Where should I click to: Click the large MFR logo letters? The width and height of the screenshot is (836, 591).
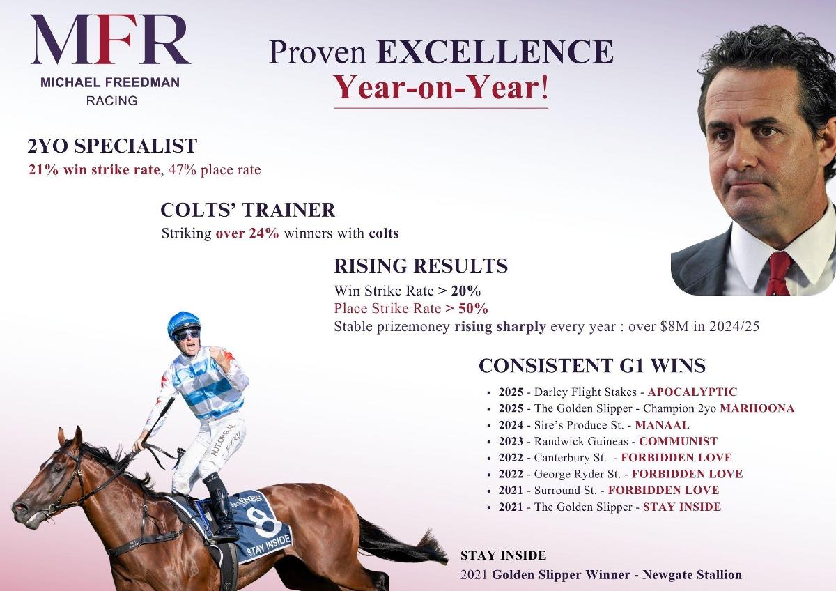point(110,40)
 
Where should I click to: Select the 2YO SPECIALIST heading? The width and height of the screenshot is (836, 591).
point(112,146)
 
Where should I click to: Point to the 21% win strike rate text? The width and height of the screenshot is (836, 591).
point(93,170)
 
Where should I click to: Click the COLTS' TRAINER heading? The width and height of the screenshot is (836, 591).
point(247,210)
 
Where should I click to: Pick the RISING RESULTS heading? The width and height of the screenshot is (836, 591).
point(421,266)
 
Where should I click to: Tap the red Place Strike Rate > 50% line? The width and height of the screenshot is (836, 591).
point(411,308)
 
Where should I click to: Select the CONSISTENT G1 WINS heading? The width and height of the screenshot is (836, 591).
point(591,366)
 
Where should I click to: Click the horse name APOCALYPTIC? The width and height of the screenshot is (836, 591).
point(692,392)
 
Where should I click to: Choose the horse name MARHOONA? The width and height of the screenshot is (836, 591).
point(757,408)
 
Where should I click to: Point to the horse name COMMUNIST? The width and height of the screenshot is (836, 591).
point(678,441)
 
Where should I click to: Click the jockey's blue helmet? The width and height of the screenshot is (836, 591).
point(183,322)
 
